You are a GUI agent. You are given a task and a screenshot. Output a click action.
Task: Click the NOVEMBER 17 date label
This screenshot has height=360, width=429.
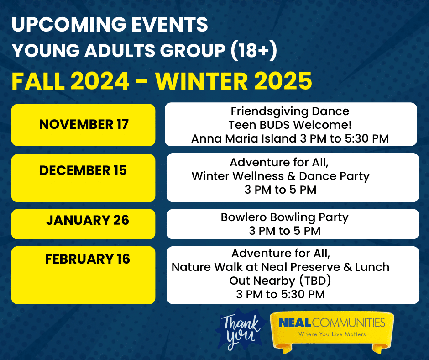[x=84, y=124]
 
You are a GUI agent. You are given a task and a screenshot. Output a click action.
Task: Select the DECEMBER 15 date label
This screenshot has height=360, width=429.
[x=83, y=170]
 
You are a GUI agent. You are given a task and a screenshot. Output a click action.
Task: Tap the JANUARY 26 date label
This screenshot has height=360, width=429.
[x=88, y=220]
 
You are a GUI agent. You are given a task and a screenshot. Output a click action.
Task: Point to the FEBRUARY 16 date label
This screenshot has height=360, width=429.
[x=88, y=259]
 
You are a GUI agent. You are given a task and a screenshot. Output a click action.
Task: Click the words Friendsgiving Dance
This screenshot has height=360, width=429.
[x=290, y=111]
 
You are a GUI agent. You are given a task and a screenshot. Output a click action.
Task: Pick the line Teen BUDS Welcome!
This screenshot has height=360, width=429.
[x=290, y=125]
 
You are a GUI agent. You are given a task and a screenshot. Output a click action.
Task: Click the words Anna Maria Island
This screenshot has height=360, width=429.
[x=244, y=138]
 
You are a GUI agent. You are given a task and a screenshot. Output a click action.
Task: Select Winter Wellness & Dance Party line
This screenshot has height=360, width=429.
[x=280, y=176]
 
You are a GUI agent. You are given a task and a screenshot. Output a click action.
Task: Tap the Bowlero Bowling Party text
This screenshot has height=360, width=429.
[x=284, y=217]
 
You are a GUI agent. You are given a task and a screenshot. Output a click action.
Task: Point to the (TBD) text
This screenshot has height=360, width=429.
[x=315, y=281]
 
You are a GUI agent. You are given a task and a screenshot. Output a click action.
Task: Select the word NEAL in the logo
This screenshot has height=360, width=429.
[x=295, y=323]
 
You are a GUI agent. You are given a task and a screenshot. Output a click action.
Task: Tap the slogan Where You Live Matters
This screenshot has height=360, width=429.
[x=332, y=334]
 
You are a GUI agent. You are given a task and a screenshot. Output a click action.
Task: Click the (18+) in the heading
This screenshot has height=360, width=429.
[x=254, y=51]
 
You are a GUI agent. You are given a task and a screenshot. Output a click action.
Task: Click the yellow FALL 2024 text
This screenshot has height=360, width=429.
[x=70, y=81]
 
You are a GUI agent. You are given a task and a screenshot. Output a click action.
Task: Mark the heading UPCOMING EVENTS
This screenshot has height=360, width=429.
[x=110, y=24]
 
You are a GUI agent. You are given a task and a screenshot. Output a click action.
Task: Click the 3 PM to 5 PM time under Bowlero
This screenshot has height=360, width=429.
[x=284, y=231]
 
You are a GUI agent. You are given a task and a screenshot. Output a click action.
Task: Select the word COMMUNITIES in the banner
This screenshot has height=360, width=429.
[x=348, y=323]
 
